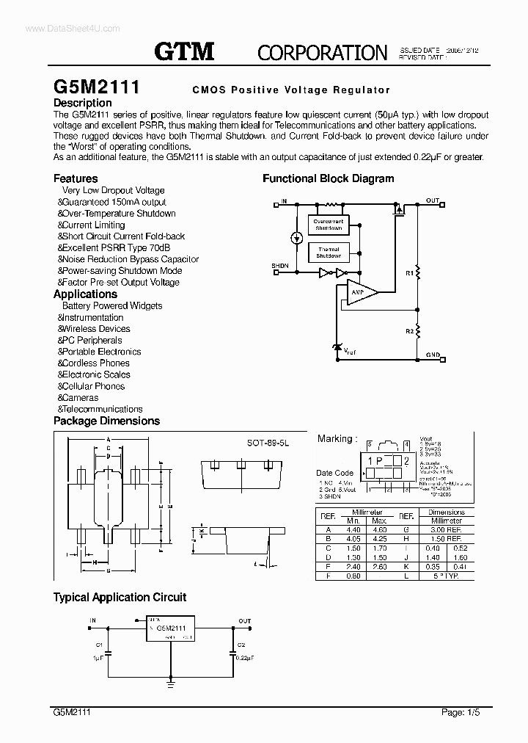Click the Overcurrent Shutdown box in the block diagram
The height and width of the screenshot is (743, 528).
(329, 225)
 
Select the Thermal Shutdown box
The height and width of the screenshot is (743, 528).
(329, 253)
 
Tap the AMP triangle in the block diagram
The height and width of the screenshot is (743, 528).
(359, 291)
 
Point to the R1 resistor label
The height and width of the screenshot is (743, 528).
(408, 272)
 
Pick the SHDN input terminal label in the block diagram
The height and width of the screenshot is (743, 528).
(279, 265)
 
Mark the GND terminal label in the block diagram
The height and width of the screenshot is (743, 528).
(433, 355)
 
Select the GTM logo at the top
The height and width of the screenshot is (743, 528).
(184, 51)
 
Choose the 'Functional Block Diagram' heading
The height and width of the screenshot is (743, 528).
(328, 178)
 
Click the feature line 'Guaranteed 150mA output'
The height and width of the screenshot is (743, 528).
(114, 202)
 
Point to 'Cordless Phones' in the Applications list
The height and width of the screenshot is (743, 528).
(95, 363)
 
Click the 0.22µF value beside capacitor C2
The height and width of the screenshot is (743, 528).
(244, 659)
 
